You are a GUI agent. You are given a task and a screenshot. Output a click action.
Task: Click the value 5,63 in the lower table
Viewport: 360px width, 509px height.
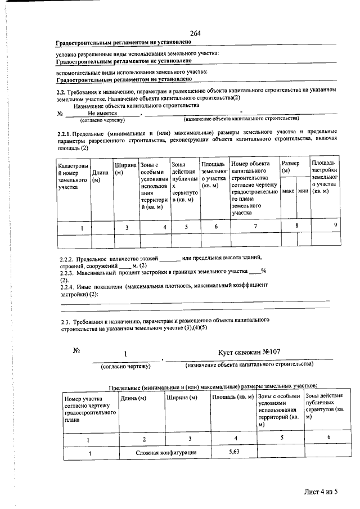click(235, 451)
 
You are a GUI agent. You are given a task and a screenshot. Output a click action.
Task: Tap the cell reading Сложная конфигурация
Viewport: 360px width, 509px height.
click(165, 452)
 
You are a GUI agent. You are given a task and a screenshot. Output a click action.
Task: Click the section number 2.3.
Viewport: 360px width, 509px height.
click(66, 319)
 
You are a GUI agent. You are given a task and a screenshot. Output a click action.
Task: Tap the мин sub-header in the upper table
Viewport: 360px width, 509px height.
click(303, 191)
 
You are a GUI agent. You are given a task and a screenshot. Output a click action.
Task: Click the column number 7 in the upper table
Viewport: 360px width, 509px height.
click(255, 227)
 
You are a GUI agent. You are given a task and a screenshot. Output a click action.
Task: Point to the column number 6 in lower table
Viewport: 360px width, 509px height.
click(328, 438)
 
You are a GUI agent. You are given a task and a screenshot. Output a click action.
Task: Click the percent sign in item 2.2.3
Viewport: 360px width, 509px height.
click(263, 271)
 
